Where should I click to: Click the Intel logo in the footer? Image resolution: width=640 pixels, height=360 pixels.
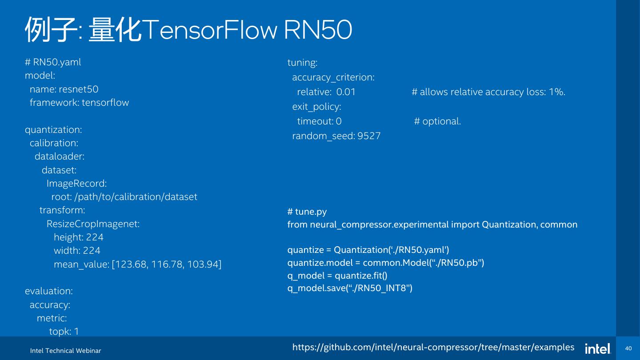(x=598, y=349)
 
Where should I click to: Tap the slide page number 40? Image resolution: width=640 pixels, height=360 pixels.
(x=628, y=348)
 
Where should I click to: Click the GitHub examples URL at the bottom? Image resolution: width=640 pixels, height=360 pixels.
(x=433, y=347)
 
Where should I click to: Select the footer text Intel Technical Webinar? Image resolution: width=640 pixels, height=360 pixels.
(x=66, y=351)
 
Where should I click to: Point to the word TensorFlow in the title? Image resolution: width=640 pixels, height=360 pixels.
(x=210, y=30)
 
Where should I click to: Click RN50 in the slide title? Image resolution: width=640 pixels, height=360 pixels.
(x=318, y=30)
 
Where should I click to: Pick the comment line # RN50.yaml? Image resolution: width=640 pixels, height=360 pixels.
(x=53, y=62)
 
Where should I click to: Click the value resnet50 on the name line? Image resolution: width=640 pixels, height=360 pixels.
(x=79, y=89)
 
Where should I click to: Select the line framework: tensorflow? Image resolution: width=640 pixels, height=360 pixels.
(x=79, y=103)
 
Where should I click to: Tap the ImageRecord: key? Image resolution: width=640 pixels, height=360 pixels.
(x=76, y=184)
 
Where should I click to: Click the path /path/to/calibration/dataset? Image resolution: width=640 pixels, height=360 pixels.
(x=136, y=197)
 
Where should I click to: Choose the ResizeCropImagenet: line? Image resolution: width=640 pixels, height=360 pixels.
(x=93, y=224)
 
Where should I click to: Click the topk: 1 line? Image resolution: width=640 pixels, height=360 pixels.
(x=64, y=332)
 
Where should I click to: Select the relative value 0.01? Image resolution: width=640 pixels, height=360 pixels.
(x=346, y=92)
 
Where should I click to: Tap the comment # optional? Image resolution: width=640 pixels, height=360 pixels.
(x=437, y=121)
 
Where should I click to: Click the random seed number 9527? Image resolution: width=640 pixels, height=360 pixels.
(x=369, y=136)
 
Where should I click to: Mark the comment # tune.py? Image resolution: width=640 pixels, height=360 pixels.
(x=307, y=212)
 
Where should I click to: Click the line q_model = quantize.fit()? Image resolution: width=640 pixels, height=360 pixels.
(x=337, y=276)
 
